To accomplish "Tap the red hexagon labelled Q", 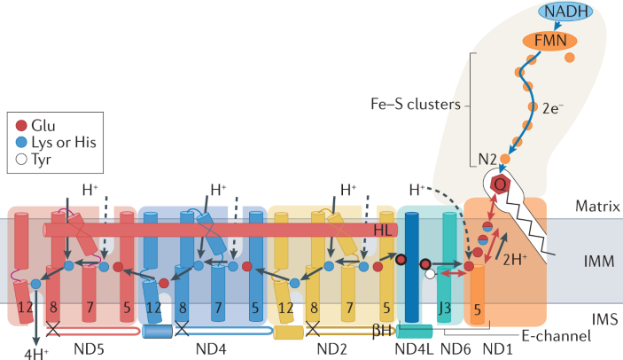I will click(501, 183).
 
